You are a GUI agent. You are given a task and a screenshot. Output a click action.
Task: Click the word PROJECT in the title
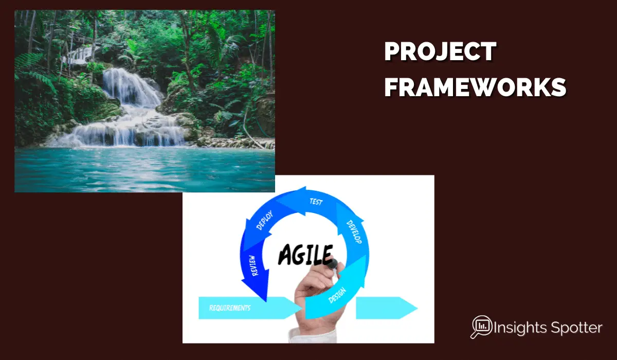[440, 51]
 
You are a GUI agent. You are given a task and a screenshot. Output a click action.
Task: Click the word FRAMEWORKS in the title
[475, 87]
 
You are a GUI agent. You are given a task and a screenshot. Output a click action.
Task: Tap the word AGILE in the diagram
[305, 254]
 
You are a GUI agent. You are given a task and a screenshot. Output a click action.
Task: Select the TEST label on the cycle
[316, 202]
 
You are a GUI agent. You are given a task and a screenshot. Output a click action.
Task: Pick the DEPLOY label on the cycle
[264, 220]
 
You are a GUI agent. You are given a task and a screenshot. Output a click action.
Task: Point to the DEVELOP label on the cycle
[354, 231]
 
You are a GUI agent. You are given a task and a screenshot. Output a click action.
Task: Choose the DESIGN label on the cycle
[337, 295]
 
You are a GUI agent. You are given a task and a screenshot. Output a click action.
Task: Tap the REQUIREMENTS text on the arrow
[230, 308]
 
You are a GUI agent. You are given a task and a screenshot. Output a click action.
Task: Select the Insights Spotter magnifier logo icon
[481, 327]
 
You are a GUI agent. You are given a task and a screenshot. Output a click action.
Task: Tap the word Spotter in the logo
[576, 328]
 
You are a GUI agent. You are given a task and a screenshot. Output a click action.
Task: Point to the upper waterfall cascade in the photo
[132, 87]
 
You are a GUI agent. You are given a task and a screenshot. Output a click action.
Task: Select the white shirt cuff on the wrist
[313, 335]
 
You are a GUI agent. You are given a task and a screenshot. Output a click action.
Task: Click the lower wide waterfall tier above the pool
[121, 135]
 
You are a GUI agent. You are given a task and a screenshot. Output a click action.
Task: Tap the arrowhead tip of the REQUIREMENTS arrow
[302, 308]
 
